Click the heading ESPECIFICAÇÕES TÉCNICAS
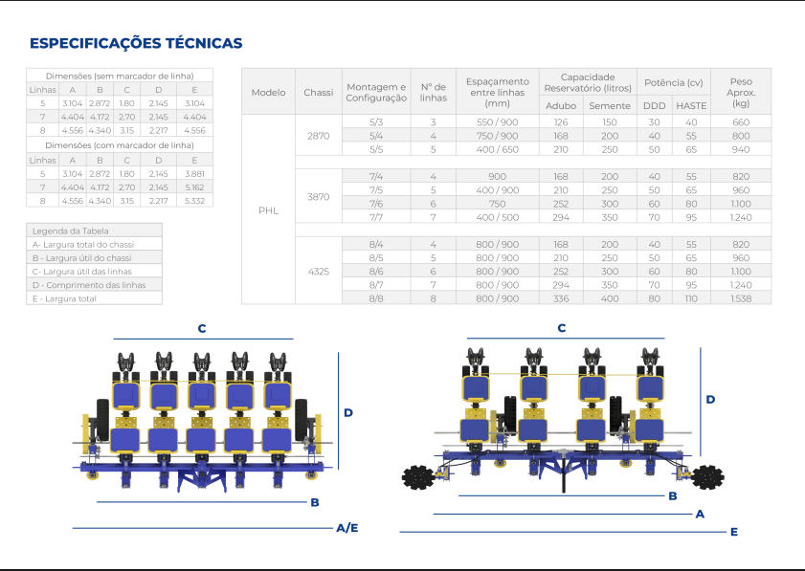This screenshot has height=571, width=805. coord(136,43)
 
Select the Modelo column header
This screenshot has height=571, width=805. coord(269,93)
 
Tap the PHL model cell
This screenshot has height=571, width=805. coord(269,210)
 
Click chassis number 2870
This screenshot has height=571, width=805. coord(319,136)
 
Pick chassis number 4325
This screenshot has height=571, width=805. coord(319,272)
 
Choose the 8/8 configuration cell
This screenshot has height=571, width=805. coord(376,298)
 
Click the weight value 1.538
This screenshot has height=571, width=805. coord(741,298)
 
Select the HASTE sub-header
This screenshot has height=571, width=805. coord(691,105)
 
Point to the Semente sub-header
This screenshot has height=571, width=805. coord(610,105)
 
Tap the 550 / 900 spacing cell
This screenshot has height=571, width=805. coord(497,122)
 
